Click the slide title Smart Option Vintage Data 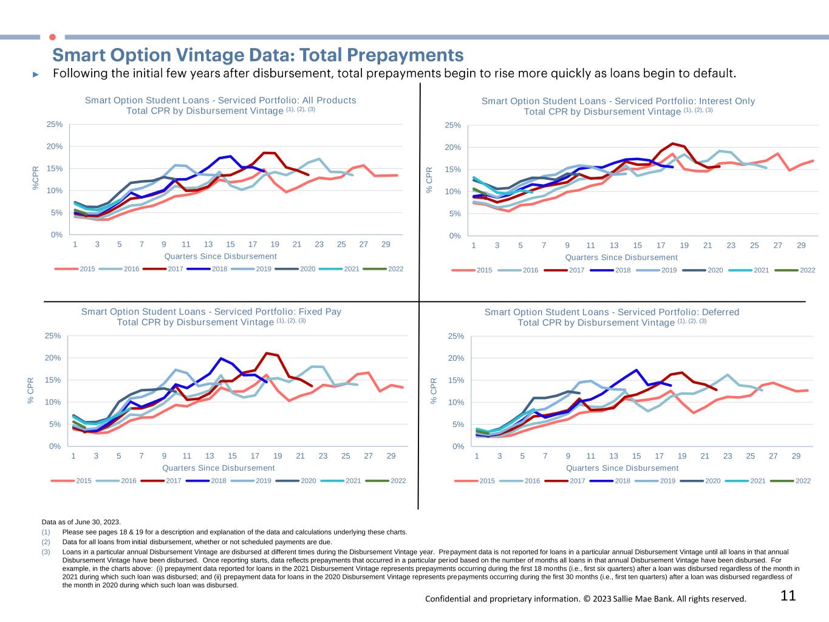[258, 55]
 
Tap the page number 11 [788, 596]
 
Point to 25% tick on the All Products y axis [55, 125]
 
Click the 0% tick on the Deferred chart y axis [458, 446]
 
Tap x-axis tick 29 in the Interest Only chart [801, 245]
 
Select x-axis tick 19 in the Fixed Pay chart [278, 456]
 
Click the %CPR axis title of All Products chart [36, 179]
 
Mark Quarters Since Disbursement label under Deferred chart [622, 468]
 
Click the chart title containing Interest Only [618, 106]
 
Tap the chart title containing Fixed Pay [211, 316]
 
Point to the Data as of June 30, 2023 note [81, 522]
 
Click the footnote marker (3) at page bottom [46, 552]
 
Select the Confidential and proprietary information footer [585, 599]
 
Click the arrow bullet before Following [36, 74]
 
